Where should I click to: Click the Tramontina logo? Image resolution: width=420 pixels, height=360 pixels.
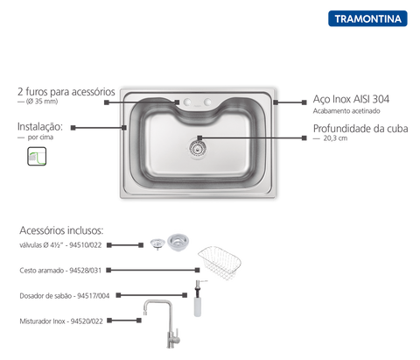click(x=367, y=18)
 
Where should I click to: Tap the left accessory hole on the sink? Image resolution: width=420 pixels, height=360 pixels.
click(x=187, y=102)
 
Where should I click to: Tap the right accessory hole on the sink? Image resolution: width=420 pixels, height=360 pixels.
click(x=207, y=102)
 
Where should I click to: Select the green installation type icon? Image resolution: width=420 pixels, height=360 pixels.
click(x=37, y=156)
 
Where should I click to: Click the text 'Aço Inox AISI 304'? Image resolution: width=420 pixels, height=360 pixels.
click(x=351, y=99)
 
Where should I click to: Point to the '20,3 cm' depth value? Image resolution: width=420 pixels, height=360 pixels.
click(x=335, y=138)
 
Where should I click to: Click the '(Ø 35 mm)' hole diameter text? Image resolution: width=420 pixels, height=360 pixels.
click(x=42, y=102)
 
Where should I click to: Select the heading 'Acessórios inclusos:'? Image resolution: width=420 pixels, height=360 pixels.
click(x=61, y=230)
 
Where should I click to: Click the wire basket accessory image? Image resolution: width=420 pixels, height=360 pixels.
click(x=220, y=263)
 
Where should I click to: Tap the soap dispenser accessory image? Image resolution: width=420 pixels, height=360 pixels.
click(x=199, y=299)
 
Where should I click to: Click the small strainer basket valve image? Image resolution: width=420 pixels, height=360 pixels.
click(x=157, y=244)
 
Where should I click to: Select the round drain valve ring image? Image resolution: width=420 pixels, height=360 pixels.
click(x=178, y=242)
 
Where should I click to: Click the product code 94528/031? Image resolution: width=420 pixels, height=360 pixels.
click(x=85, y=271)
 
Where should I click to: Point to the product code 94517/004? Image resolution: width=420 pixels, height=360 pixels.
click(x=93, y=296)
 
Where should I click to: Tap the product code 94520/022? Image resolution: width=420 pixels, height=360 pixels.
click(x=87, y=321)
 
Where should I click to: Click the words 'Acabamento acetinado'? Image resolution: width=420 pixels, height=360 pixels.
click(x=346, y=111)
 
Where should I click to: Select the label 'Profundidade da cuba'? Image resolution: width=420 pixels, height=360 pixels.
click(x=360, y=129)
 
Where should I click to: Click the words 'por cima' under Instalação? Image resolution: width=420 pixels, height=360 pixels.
click(x=40, y=138)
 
